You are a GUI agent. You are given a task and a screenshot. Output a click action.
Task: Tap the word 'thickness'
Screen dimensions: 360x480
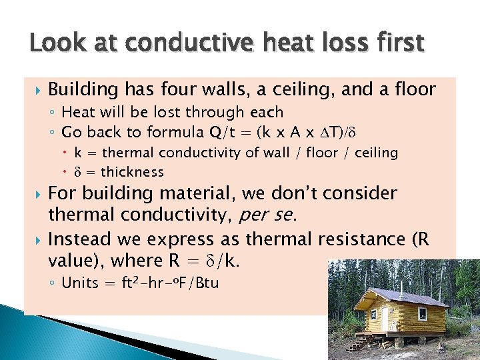pyautogui.click(x=132, y=172)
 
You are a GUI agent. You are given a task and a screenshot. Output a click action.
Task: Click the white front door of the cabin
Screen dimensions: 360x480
pyautogui.click(x=384, y=318)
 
